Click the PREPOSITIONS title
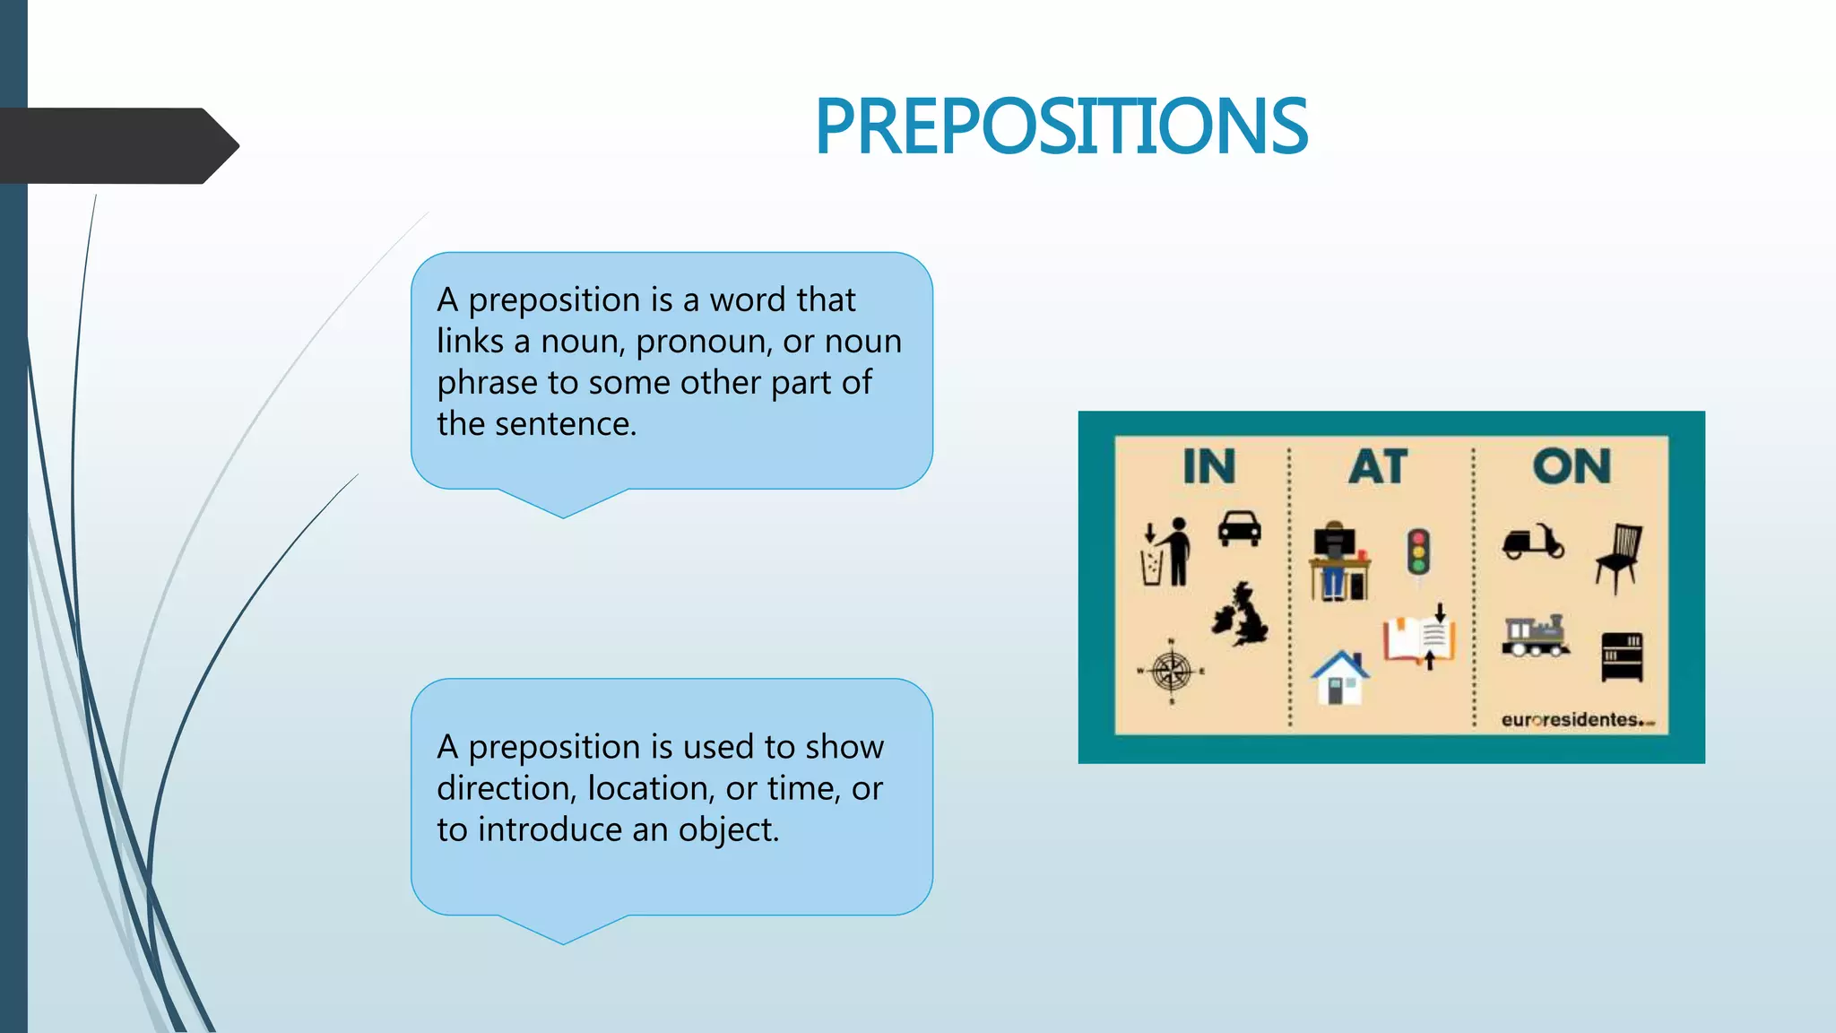[1061, 126]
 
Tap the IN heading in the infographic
[1208, 466]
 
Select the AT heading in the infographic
[1378, 466]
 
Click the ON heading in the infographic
[1572, 466]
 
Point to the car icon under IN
[1239, 528]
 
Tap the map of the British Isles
[1241, 615]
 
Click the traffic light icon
[1417, 552]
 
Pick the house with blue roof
[1339, 678]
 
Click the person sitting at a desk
[1338, 561]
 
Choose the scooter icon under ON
[1533, 542]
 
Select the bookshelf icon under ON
[1622, 656]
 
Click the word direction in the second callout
[507, 788]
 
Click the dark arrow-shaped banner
[117, 145]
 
